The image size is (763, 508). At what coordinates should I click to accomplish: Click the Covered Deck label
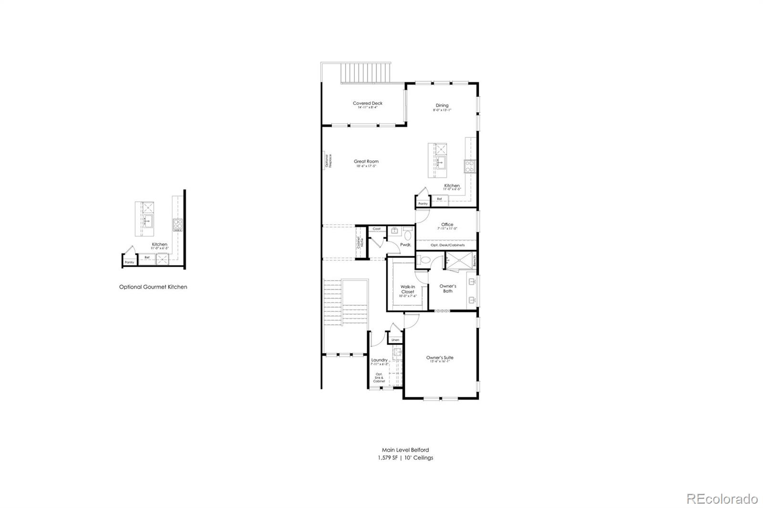coord(367,104)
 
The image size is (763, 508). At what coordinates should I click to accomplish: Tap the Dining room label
coord(442,106)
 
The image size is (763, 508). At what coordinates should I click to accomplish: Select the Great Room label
coord(366,162)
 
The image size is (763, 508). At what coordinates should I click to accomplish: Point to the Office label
coord(447,225)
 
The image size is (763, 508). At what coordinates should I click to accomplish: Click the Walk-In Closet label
coord(407,289)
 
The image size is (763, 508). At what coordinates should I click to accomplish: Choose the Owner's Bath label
coord(447,289)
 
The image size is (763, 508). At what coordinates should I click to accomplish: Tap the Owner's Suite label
coord(439,358)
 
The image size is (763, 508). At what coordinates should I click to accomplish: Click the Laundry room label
coord(379,360)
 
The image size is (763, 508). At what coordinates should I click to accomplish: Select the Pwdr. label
coord(405,245)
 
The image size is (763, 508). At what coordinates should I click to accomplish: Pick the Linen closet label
coord(395,340)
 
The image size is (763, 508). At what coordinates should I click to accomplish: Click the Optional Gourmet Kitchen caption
coord(153,287)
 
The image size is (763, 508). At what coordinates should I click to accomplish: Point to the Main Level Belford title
coord(405,450)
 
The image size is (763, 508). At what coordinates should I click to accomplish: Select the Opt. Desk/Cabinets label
coord(447,245)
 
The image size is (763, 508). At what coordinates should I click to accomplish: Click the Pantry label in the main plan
coord(423,204)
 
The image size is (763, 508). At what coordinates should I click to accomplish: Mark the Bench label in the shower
coord(474,261)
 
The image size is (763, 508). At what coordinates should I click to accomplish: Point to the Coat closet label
coord(377,229)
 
